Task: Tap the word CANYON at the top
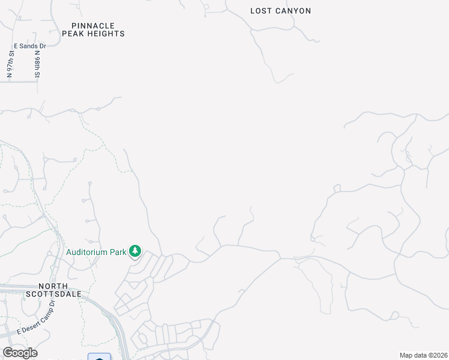(x=292, y=11)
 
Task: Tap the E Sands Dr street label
(x=29, y=46)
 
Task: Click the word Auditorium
(x=88, y=253)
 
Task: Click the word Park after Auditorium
(x=119, y=253)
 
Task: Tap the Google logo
(x=20, y=353)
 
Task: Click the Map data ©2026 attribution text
(x=424, y=355)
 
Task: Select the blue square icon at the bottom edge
(x=99, y=357)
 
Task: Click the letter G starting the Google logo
(x=8, y=353)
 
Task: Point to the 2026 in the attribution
(x=439, y=355)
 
